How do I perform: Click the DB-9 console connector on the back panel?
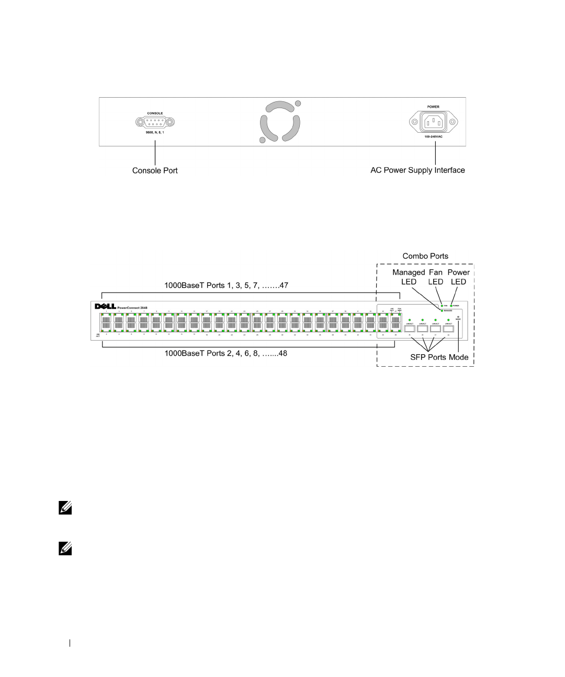(155, 123)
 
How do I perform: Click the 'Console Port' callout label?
(155, 170)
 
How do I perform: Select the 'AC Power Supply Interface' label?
(417, 170)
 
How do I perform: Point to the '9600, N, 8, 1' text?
(155, 133)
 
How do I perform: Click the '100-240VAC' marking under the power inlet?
(433, 137)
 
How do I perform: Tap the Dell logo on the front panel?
(105, 307)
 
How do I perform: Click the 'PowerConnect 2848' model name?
(133, 308)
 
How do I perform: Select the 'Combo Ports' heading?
(425, 256)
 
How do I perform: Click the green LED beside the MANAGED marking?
(442, 311)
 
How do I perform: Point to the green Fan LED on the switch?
(442, 306)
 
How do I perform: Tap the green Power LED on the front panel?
(451, 306)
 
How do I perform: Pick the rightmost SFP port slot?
(448, 329)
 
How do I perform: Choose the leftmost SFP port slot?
(410, 329)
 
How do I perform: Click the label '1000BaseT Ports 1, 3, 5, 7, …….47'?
(226, 285)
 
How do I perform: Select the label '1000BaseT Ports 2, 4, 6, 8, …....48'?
(225, 353)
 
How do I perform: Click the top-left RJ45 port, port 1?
(106, 319)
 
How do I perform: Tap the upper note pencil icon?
(65, 507)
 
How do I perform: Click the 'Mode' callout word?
(459, 357)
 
